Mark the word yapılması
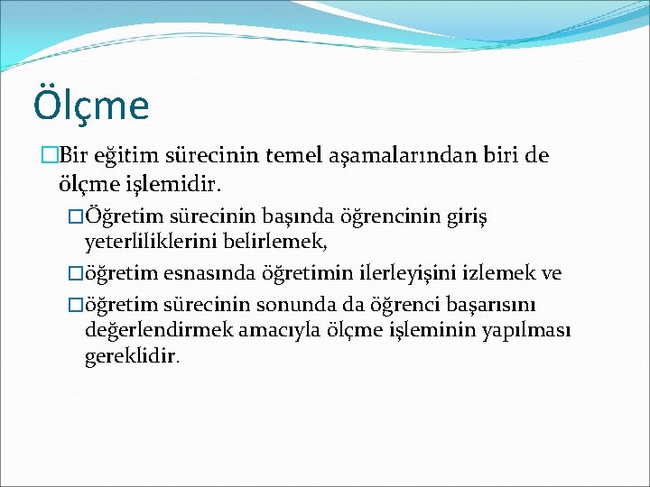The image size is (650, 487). point(531,330)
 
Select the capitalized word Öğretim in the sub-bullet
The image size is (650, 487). point(116,217)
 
